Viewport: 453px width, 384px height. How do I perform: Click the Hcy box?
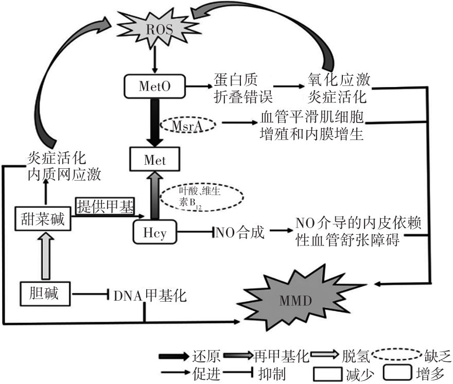(x=155, y=232)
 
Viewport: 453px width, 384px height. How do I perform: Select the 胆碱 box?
(x=43, y=294)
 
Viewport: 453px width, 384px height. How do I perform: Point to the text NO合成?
(x=240, y=233)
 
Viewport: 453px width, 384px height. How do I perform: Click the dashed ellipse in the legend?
(x=392, y=355)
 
